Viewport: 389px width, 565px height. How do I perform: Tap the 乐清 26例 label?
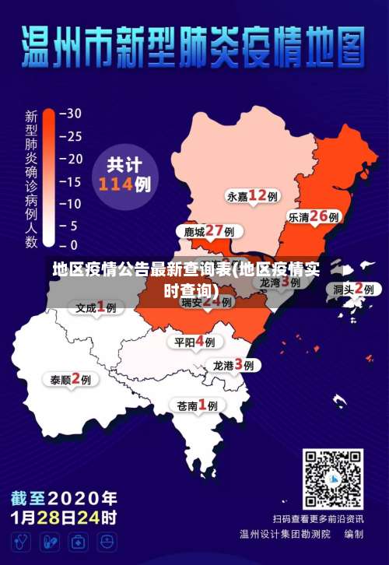coord(314,216)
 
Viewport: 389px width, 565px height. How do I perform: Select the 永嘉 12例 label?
coord(252,195)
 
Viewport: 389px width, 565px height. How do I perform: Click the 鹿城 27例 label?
coord(209,231)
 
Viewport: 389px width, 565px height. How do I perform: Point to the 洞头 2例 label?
coord(358,289)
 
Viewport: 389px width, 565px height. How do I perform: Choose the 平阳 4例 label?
coord(194,342)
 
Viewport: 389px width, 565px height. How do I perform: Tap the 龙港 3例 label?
coord(233,365)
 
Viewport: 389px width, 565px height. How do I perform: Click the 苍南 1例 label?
coord(197,405)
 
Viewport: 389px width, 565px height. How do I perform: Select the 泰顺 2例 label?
coord(70,380)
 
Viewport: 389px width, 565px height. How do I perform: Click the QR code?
coord(332,479)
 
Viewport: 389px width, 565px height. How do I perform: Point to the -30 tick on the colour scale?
coord(70,113)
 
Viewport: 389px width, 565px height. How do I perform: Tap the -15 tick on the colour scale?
coord(70,181)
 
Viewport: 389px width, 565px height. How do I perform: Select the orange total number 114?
coord(115,185)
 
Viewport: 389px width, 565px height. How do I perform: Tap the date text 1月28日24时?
coord(64,517)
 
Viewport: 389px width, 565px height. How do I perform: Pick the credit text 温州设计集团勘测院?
coord(286,535)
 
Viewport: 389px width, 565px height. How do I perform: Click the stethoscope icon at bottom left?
coord(22,542)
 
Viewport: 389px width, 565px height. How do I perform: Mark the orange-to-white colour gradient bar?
coord(48,179)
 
